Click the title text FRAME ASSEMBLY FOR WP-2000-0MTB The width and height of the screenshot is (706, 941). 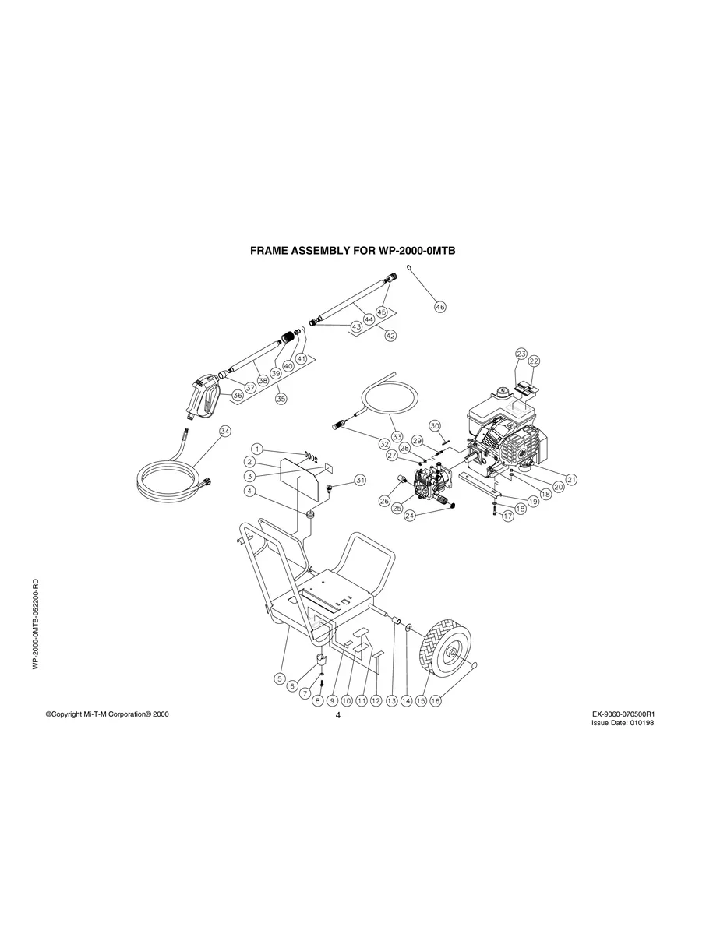click(x=352, y=252)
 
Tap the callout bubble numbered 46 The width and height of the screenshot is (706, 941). click(x=440, y=307)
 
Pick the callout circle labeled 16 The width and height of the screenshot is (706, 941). click(x=435, y=700)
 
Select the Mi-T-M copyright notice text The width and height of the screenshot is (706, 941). click(x=107, y=714)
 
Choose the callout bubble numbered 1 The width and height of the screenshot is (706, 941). click(x=256, y=449)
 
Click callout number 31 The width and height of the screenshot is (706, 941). click(x=359, y=480)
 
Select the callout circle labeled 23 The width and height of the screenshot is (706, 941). click(x=521, y=354)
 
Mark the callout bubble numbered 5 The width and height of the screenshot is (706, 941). click(x=279, y=678)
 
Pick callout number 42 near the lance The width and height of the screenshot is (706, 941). click(x=390, y=335)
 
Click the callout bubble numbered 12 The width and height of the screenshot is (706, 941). click(x=376, y=700)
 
